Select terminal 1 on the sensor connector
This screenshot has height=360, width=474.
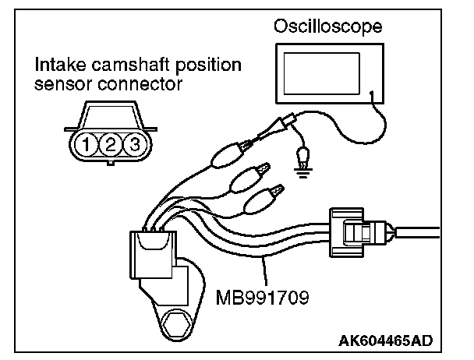(91, 143)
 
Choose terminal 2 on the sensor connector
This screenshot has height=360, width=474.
(112, 143)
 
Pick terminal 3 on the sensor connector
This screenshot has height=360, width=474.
(133, 143)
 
